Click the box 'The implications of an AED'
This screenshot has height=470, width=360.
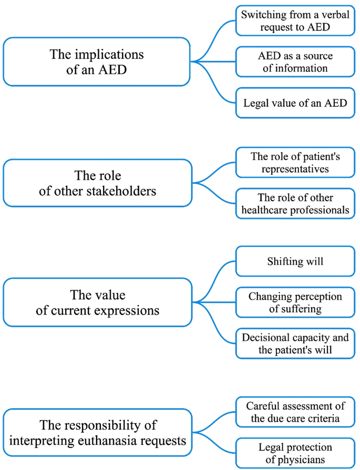coord(97,61)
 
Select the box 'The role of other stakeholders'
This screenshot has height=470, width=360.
coord(97,183)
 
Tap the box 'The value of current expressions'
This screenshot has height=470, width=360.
coord(97,302)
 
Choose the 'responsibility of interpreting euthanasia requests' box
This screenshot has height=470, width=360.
coord(97,433)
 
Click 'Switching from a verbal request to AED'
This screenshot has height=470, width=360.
coord(295,20)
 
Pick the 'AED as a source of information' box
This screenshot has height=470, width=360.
coord(295,61)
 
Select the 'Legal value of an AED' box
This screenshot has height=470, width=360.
coord(295,102)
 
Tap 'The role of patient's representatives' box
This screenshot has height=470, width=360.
coord(295,162)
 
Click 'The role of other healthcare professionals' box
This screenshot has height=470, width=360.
coord(295,204)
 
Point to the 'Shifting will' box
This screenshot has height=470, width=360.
coord(295,260)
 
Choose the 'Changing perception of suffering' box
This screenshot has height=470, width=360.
coord(295,302)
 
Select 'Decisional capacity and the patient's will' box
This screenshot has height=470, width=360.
coord(295,344)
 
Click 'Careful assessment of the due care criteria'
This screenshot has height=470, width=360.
coord(295,412)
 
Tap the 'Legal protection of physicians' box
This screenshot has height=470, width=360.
coord(295,453)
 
